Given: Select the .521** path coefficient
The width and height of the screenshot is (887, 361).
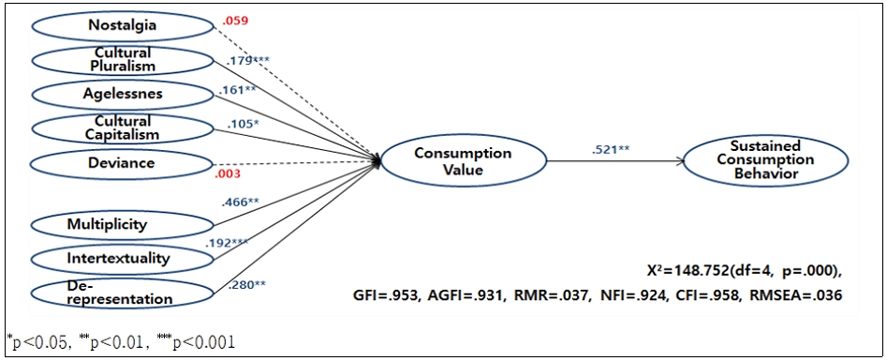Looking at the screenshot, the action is [x=611, y=148].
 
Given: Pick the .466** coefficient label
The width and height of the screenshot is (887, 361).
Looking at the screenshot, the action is [x=240, y=202].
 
